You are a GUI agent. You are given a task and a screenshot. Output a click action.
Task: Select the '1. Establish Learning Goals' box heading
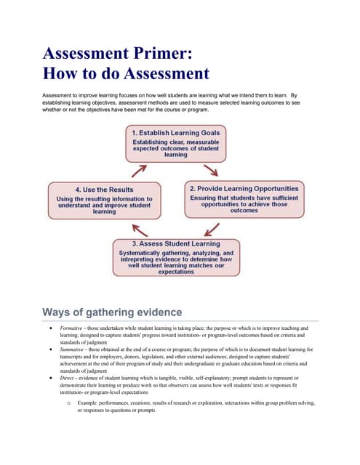(175, 134)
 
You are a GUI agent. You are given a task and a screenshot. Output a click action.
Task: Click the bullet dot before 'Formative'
(49, 328)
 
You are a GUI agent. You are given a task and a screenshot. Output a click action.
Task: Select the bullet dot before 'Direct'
(49, 379)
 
